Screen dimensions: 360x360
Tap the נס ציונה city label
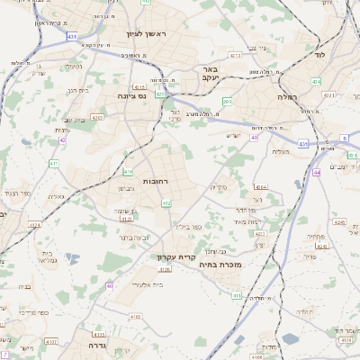[x=132, y=95]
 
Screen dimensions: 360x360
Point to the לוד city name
[x=319, y=55]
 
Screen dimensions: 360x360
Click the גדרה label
[x=98, y=344]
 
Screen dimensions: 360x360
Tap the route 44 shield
[x=318, y=170]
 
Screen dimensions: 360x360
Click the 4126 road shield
[x=126, y=218]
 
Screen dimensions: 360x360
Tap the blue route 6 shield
[x=344, y=138]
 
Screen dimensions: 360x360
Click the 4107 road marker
[x=51, y=342]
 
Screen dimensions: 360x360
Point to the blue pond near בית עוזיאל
[x=292, y=339]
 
